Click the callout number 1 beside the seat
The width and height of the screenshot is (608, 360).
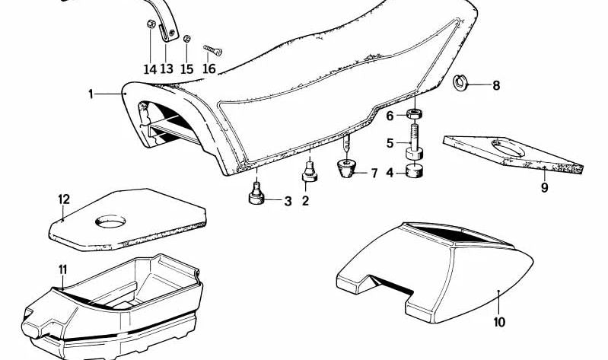pos(91,94)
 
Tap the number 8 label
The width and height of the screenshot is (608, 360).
pos(496,85)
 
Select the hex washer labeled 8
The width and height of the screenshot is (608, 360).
pos(460,82)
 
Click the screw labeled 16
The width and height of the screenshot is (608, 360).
pos(212,49)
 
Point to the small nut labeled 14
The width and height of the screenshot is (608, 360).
pos(151,24)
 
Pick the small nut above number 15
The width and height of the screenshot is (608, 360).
pos(186,38)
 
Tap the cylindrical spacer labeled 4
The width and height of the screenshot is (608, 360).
pos(414,170)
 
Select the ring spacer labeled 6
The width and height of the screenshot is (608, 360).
pos(415,114)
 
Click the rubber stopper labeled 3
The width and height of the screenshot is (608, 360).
pos(256,194)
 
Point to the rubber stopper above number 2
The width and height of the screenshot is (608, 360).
pos(310,172)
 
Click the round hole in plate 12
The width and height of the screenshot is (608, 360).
pos(110,221)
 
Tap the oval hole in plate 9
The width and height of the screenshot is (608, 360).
pos(508,148)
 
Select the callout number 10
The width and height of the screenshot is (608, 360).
pos(499,322)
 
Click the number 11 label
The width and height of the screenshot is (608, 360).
pos(63,269)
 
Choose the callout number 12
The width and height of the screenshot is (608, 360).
pos(64,199)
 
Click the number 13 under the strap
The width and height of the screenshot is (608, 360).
pos(167,69)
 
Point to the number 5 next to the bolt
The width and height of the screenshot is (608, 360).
pos(390,143)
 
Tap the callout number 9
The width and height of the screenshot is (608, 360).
pos(544,188)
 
